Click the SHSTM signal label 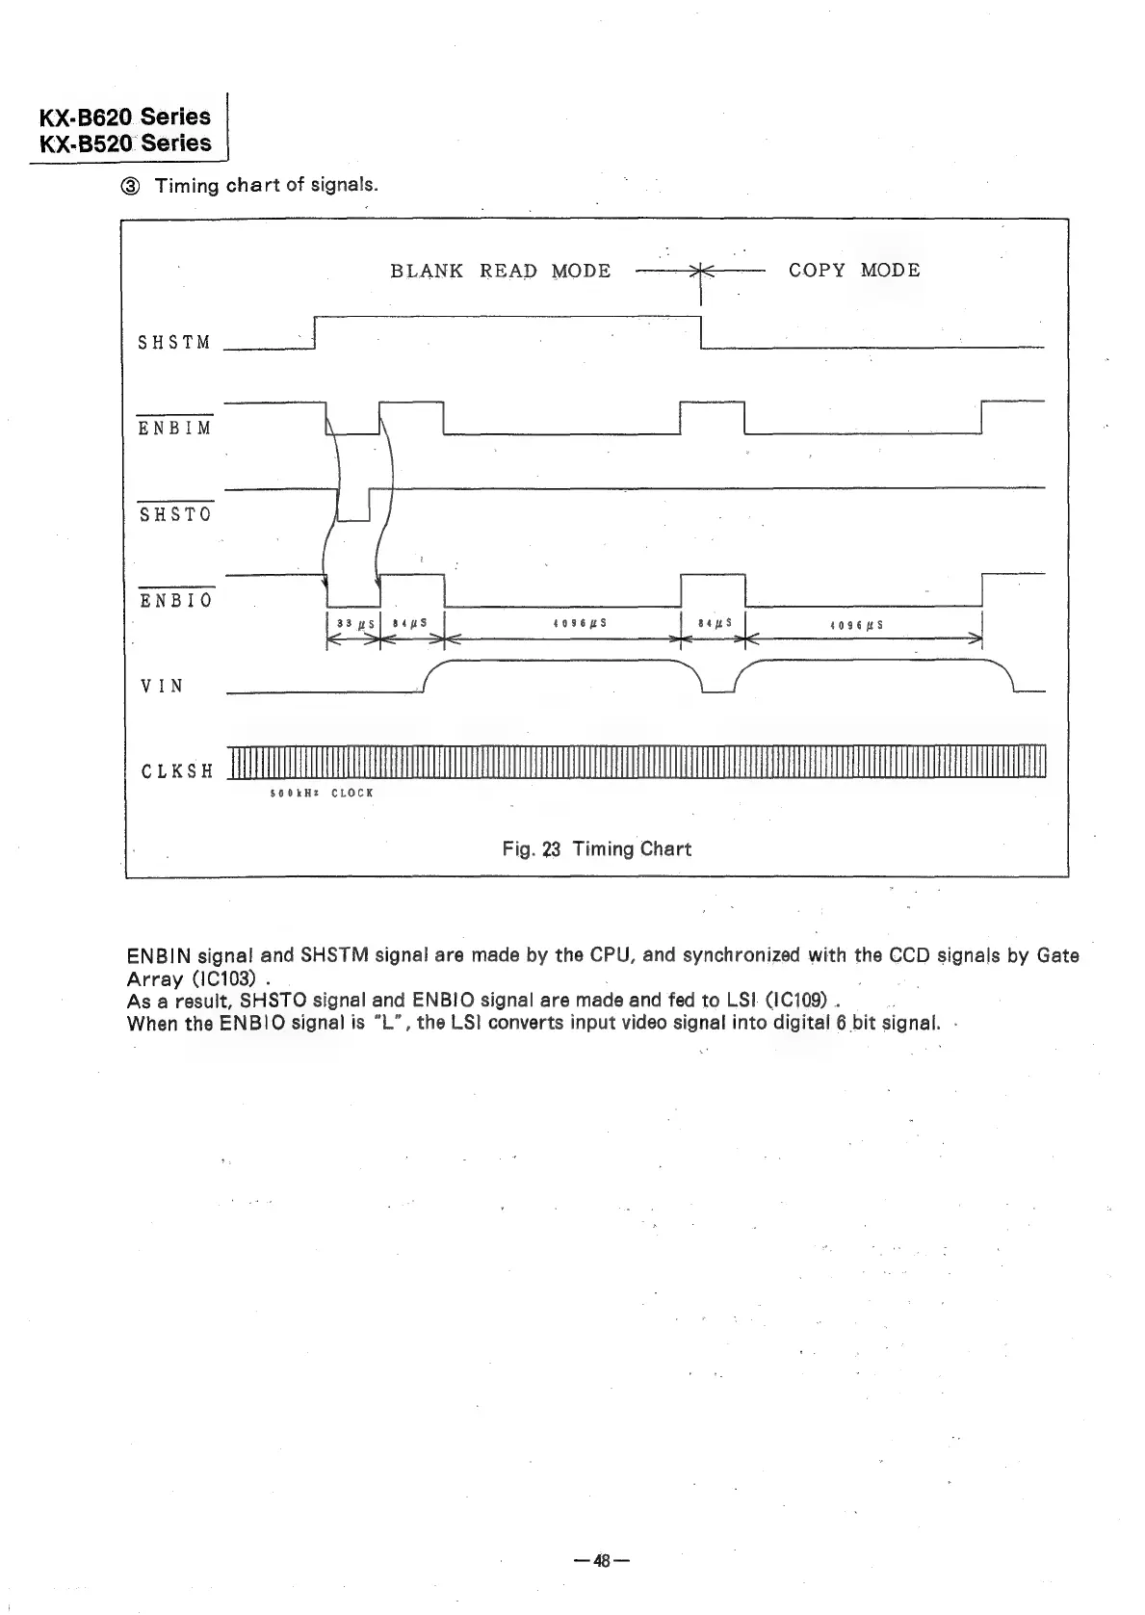pyautogui.click(x=174, y=343)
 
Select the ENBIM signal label pyautogui.click(x=174, y=428)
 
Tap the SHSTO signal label pyautogui.click(x=174, y=514)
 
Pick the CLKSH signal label pyautogui.click(x=176, y=771)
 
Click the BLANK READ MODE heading pyautogui.click(x=500, y=271)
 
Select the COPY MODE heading pyautogui.click(x=854, y=271)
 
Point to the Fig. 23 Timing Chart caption pyautogui.click(x=596, y=848)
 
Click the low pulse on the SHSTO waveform pyautogui.click(x=353, y=505)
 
